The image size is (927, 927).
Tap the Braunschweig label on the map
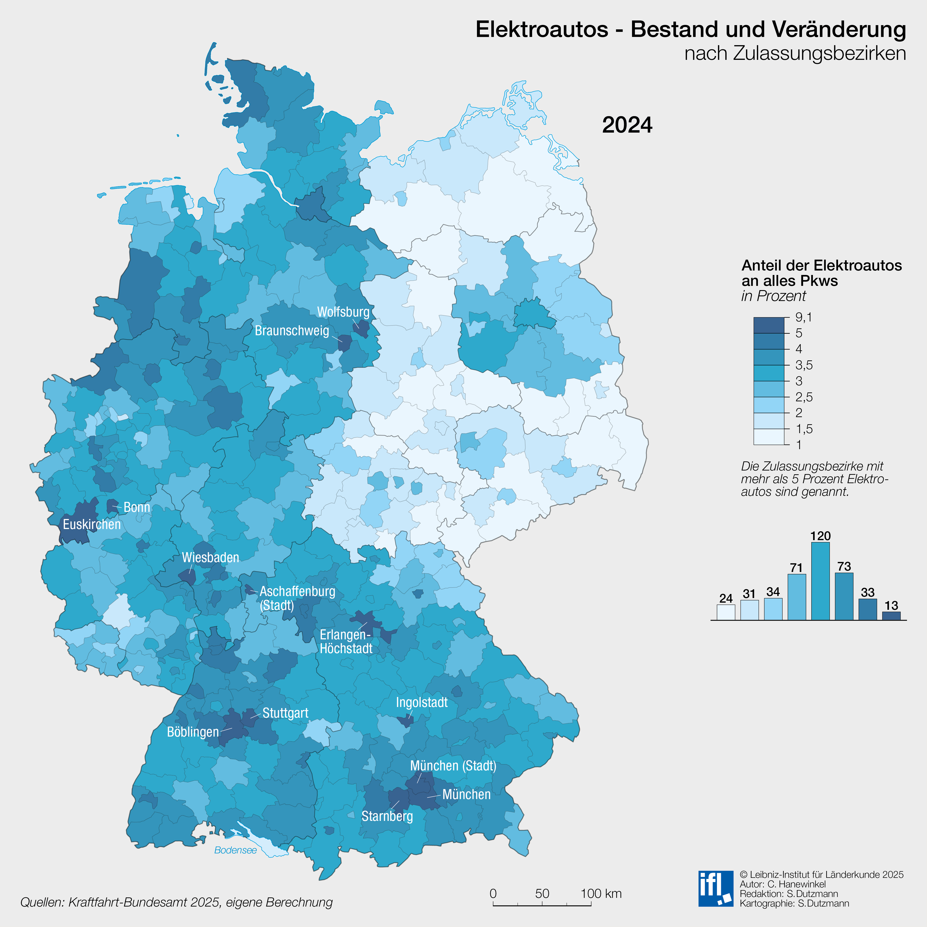(x=292, y=331)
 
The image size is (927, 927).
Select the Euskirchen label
(x=92, y=524)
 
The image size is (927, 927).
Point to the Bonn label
(x=137, y=507)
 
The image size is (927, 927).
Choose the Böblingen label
(x=192, y=732)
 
